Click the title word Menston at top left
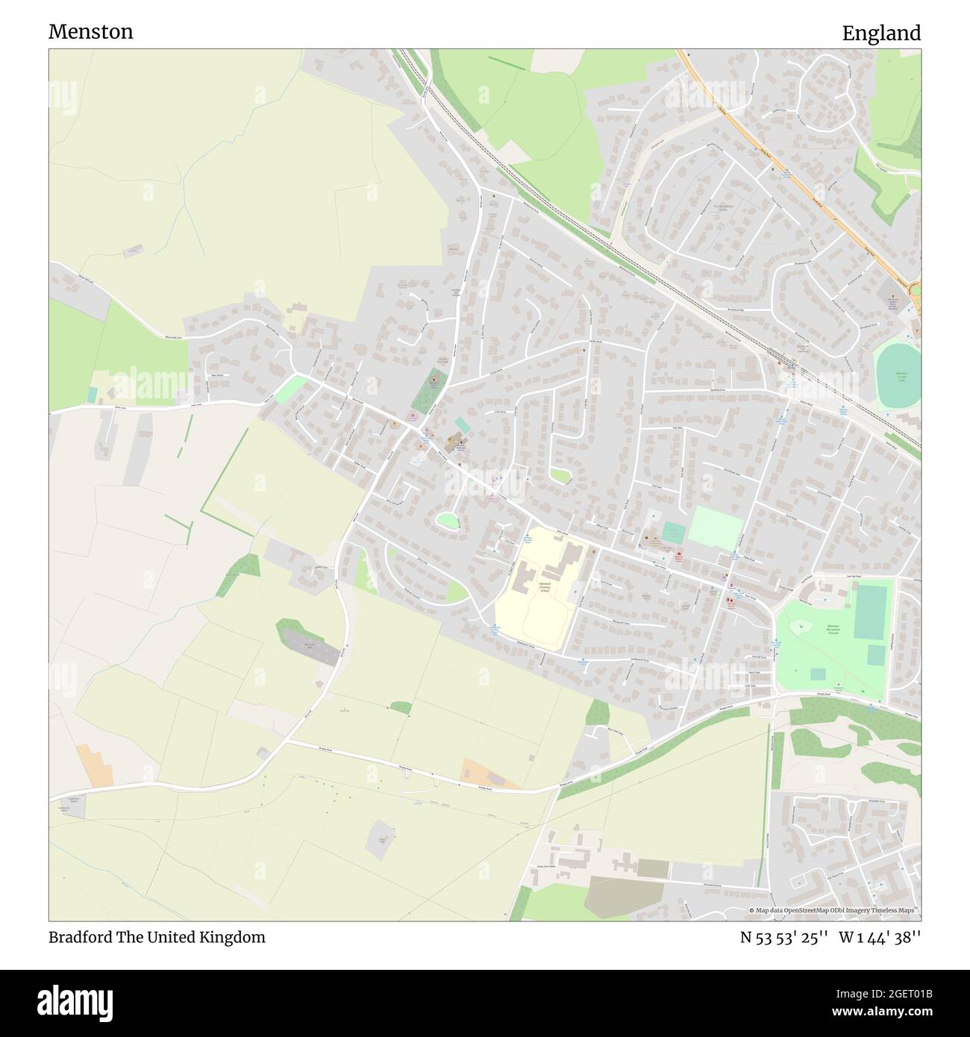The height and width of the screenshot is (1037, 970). (91, 31)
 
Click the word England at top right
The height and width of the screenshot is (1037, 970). (881, 33)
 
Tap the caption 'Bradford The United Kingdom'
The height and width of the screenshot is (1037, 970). (157, 937)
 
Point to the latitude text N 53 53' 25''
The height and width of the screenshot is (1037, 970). (783, 937)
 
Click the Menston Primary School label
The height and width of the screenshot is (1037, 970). (545, 586)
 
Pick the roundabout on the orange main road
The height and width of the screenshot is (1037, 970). (916, 289)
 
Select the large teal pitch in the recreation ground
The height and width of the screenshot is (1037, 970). (870, 612)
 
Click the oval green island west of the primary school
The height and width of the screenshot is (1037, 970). (447, 521)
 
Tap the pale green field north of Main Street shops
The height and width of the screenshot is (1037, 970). (715, 528)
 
